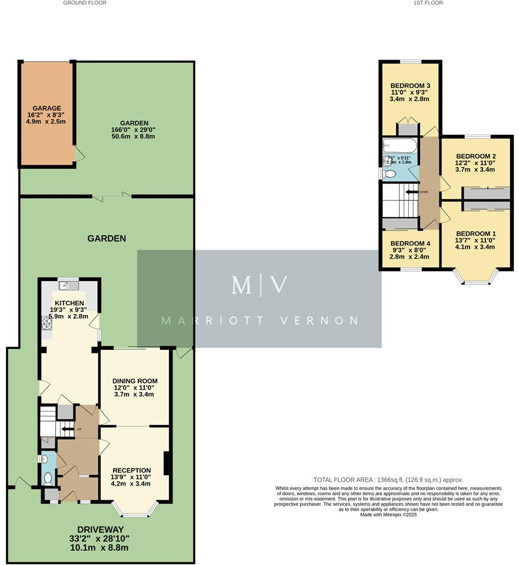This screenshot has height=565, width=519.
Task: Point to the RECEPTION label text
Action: pyautogui.click(x=132, y=470)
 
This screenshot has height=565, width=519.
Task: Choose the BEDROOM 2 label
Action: pyautogui.click(x=476, y=156)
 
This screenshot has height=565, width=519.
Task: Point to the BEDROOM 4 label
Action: pyautogui.click(x=410, y=243)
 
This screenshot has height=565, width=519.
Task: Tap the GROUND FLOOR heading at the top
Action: pyautogui.click(x=85, y=3)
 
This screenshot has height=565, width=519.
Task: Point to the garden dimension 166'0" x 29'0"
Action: pyautogui.click(x=124, y=129)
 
